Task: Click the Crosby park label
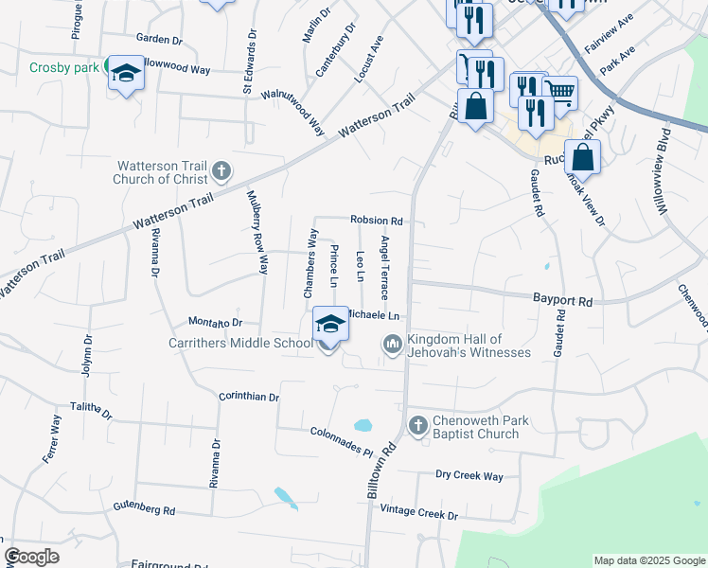point(64,67)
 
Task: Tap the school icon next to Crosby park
point(126,73)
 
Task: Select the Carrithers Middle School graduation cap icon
point(330,324)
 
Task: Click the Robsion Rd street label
point(377,221)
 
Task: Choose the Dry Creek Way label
point(469,476)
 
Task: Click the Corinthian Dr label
point(249,397)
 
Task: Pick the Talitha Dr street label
point(91,410)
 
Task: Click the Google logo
point(31,557)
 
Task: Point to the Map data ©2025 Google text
point(648,560)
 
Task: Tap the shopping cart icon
point(559,92)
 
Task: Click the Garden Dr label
point(158,39)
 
